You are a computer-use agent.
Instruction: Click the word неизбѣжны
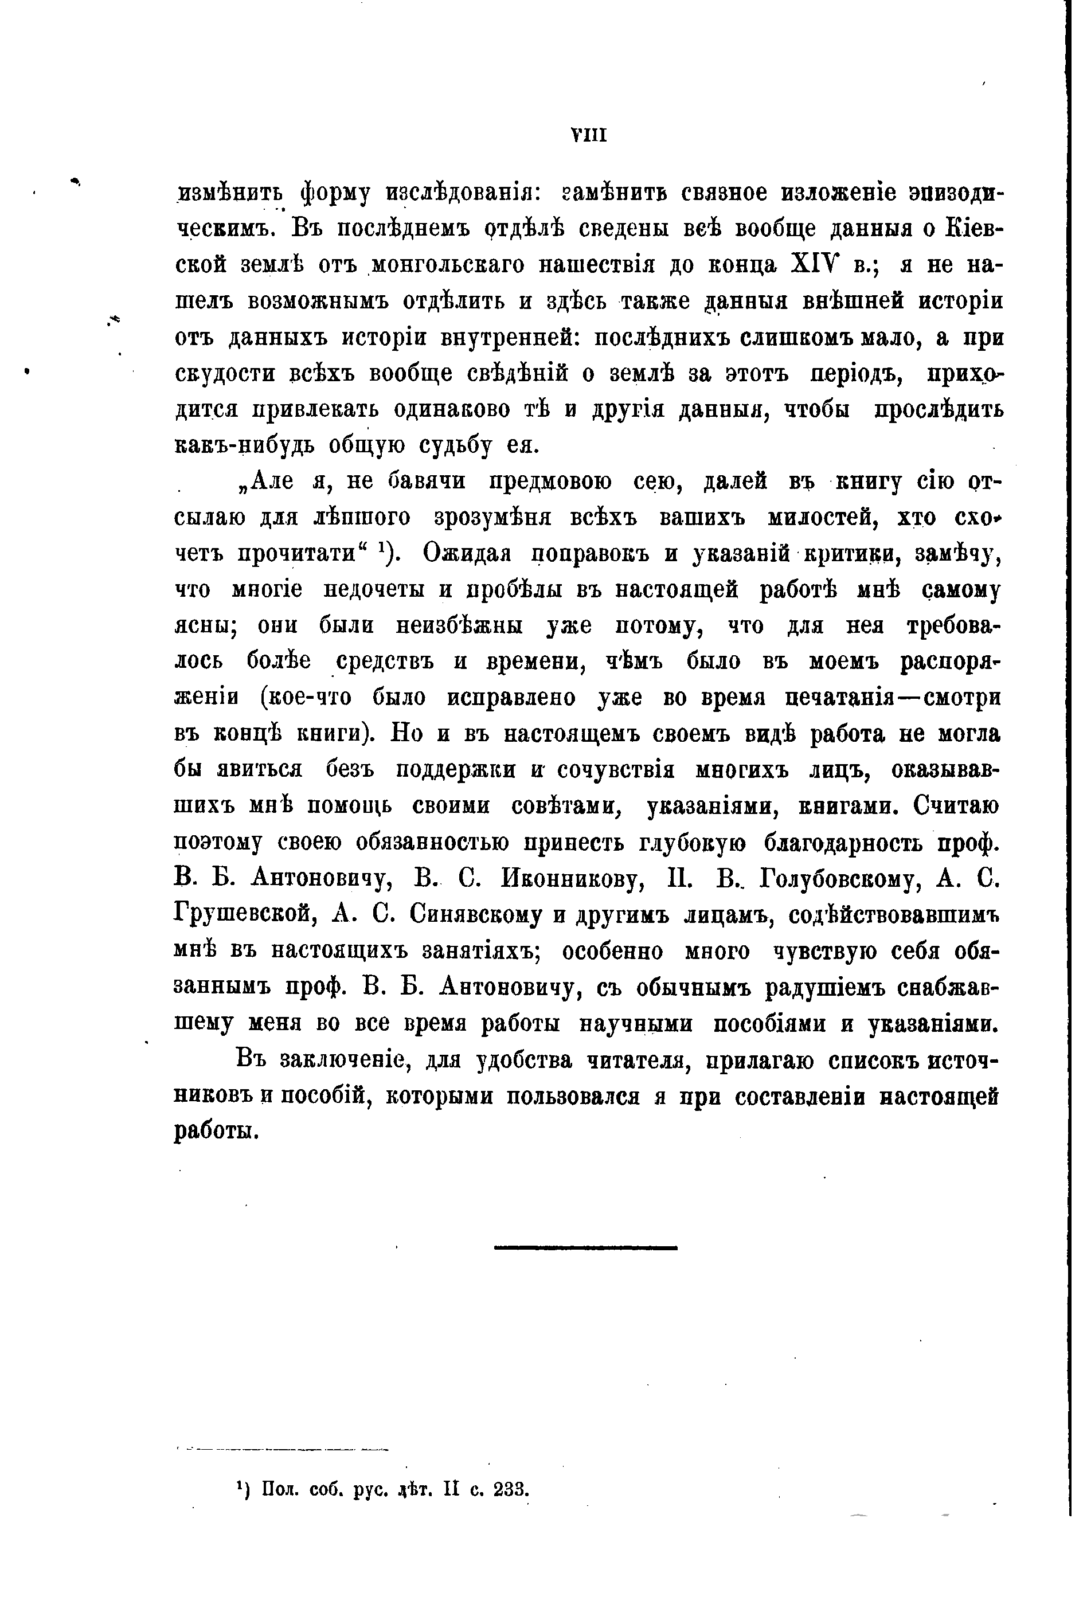tap(459, 626)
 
